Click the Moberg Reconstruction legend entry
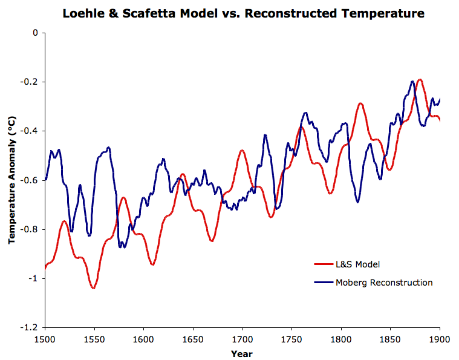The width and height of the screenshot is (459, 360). (384, 283)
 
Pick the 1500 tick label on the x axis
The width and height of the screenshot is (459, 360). (45, 339)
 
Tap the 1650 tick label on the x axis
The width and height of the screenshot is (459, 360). (193, 339)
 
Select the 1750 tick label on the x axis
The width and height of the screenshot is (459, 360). (291, 339)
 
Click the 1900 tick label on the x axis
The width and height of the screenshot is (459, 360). (440, 339)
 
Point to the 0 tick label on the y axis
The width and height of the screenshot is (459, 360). (36, 33)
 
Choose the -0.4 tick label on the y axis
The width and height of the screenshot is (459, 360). (30, 131)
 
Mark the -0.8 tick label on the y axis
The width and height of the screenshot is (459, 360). (30, 229)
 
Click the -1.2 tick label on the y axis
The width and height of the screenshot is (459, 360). (30, 327)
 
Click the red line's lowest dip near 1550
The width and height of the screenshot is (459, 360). (93, 288)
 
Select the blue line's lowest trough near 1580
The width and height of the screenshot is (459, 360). (123, 247)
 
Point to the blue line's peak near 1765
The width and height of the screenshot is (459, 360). (306, 113)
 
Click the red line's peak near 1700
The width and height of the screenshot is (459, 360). (242, 150)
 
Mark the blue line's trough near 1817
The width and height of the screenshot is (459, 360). (357, 201)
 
